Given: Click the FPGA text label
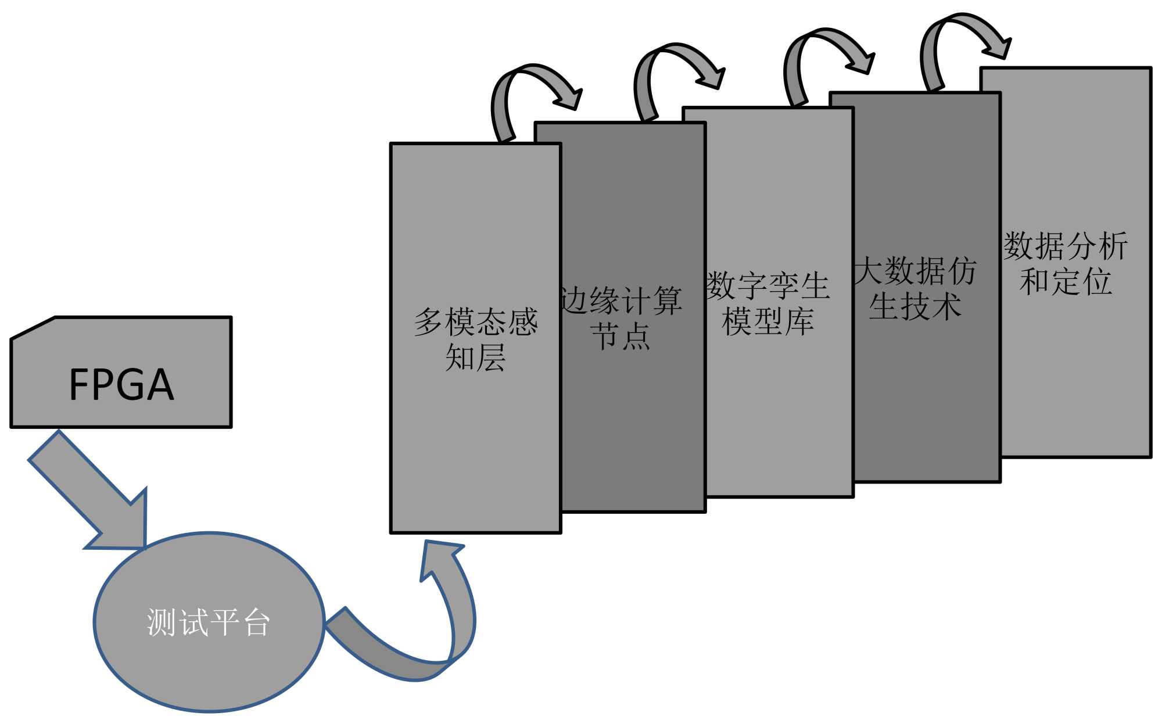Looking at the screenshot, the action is (121, 385).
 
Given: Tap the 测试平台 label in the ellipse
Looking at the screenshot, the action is (209, 622).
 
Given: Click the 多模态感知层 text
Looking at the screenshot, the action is (476, 339).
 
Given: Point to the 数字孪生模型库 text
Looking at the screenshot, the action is (768, 303).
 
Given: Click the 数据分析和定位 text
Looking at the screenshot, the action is (1066, 264).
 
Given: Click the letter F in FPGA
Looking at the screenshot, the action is (78, 385).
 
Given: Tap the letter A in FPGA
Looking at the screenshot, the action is (160, 385).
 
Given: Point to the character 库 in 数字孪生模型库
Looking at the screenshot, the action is (799, 321).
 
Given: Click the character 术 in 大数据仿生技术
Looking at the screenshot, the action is (946, 306).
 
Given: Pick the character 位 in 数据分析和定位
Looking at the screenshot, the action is (1097, 282).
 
